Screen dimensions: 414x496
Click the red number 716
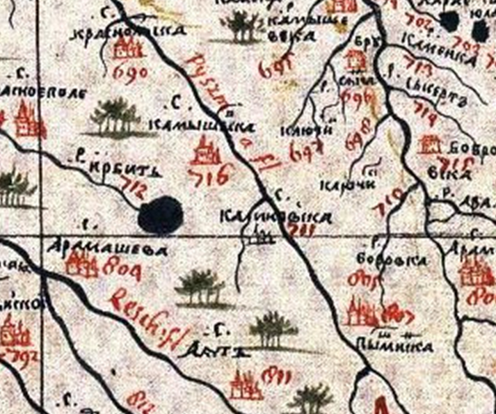pos(208,177)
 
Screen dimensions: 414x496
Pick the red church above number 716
pos(203,149)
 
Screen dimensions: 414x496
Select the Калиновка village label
pos(274,218)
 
